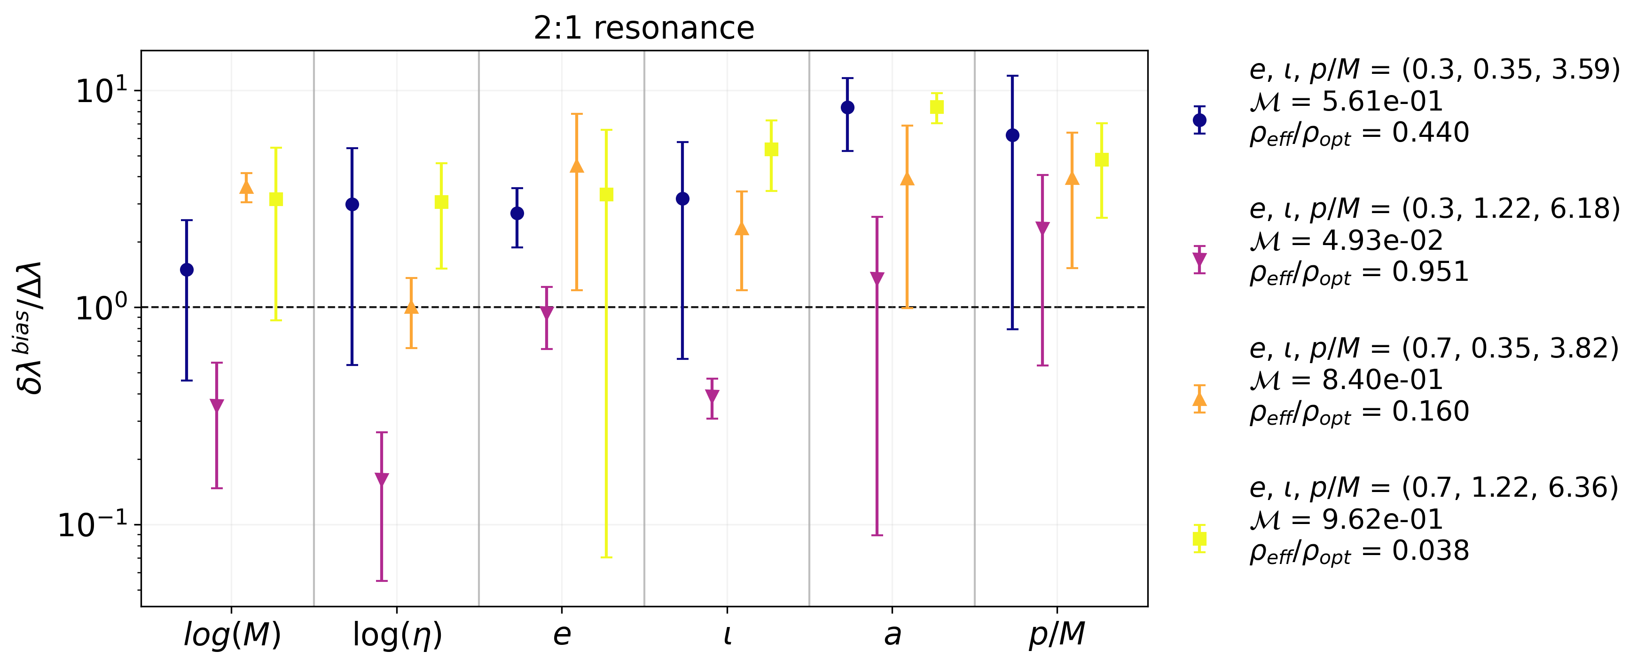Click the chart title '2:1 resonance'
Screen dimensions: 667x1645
644,28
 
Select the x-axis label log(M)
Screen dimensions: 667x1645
232,635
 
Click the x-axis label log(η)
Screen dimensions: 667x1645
397,635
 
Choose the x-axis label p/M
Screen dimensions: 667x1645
1057,635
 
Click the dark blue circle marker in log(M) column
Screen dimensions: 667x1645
187,270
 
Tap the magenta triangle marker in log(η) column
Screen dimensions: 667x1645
382,479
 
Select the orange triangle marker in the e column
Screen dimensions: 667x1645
577,167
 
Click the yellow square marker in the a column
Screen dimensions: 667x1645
937,107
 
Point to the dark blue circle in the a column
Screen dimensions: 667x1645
847,107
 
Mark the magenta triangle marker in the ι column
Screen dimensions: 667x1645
712,396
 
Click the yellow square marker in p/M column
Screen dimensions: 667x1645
1102,160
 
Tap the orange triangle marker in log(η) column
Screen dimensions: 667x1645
411,307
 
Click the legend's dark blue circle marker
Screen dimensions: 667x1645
1199,120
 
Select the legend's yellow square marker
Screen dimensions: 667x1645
1199,539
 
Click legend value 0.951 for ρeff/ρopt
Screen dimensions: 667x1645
1430,271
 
